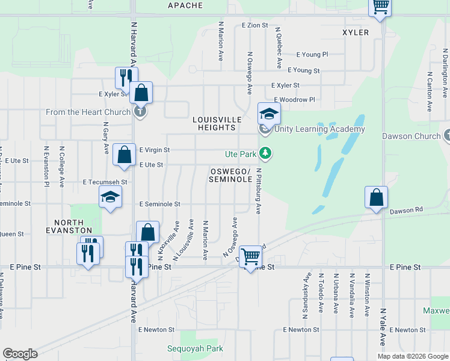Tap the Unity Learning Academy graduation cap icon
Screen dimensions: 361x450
coord(269,113)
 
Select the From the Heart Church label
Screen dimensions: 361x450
coord(88,112)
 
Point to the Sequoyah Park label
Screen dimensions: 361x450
coord(195,348)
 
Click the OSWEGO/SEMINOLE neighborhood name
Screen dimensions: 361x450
coord(230,175)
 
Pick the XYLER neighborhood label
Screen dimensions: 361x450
coord(355,32)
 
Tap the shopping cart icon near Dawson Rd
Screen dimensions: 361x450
coord(250,256)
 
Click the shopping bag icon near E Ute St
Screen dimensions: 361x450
coord(124,155)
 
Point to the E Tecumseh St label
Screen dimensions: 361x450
coord(105,182)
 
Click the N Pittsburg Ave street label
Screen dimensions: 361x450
coord(259,191)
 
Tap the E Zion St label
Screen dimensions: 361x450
coord(254,25)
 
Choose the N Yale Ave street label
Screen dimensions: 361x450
coord(383,327)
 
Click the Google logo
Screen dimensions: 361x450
coord(20,354)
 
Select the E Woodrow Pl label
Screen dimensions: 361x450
coord(294,99)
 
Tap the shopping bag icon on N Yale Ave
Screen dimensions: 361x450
coord(376,197)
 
